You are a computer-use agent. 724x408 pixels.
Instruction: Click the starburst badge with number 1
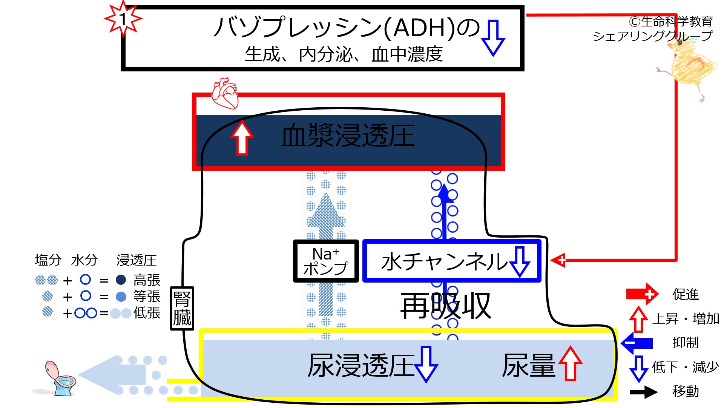pyautogui.click(x=123, y=19)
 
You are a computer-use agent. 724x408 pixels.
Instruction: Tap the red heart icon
pyautogui.click(x=225, y=93)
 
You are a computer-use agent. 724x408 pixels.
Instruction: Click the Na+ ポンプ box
pyautogui.click(x=326, y=261)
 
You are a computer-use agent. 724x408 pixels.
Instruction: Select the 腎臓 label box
pyautogui.click(x=182, y=308)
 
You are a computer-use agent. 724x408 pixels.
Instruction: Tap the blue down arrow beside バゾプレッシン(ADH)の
pyautogui.click(x=493, y=38)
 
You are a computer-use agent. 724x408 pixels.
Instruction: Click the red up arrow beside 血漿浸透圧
pyautogui.click(x=242, y=138)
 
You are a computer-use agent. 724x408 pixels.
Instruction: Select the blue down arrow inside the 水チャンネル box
pyautogui.click(x=520, y=262)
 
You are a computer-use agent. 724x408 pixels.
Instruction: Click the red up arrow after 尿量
pyautogui.click(x=570, y=363)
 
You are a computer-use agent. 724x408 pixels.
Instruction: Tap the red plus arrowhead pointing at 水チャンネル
pyautogui.click(x=558, y=260)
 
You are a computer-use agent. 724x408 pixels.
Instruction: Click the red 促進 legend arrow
pyautogui.click(x=643, y=294)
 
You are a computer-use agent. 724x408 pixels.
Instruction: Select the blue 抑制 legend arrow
pyautogui.click(x=637, y=343)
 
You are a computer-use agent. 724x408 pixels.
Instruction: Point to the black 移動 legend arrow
pyautogui.click(x=644, y=392)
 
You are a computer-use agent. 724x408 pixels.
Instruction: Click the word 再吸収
pyautogui.click(x=446, y=306)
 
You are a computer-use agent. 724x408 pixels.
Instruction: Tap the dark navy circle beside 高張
pyautogui.click(x=121, y=280)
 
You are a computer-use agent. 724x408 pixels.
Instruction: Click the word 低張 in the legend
pyautogui.click(x=147, y=313)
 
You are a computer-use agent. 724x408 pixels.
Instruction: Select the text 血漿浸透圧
pyautogui.click(x=348, y=136)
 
